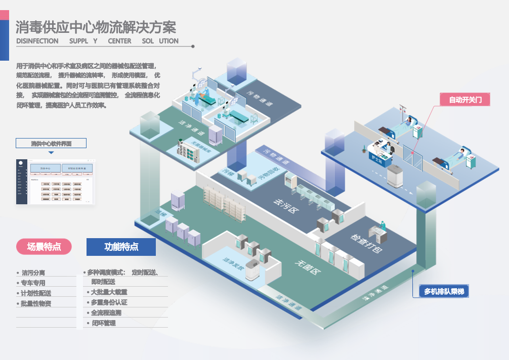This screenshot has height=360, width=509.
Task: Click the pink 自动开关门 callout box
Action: (469, 100)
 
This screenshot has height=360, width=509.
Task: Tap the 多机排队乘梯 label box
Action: (444, 291)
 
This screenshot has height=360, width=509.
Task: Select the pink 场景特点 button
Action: (44, 247)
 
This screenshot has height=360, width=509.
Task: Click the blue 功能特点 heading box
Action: (121, 247)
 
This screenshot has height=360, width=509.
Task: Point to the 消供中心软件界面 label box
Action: (51, 143)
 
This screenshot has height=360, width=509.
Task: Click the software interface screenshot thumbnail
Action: (55, 182)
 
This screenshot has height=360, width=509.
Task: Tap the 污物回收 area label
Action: (269, 174)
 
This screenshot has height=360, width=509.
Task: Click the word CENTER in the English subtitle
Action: (119, 41)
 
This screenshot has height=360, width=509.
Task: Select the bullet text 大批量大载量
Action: (109, 292)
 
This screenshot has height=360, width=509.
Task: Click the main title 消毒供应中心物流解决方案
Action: (96, 26)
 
